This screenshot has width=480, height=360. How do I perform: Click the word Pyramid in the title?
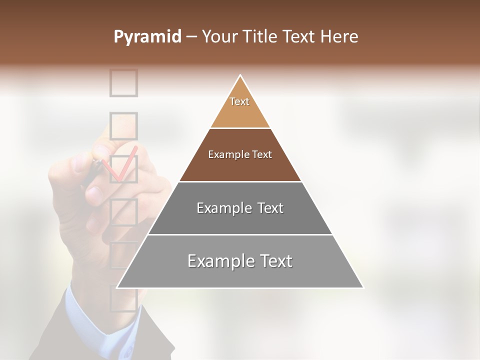pos(147,37)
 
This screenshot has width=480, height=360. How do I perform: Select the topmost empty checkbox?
pos(123,82)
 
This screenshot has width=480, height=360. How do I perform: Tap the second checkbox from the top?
pos(123,125)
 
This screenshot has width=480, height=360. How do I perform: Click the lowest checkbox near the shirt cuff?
pos(122,299)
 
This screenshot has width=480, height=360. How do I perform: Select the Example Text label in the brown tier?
pos(240,154)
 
